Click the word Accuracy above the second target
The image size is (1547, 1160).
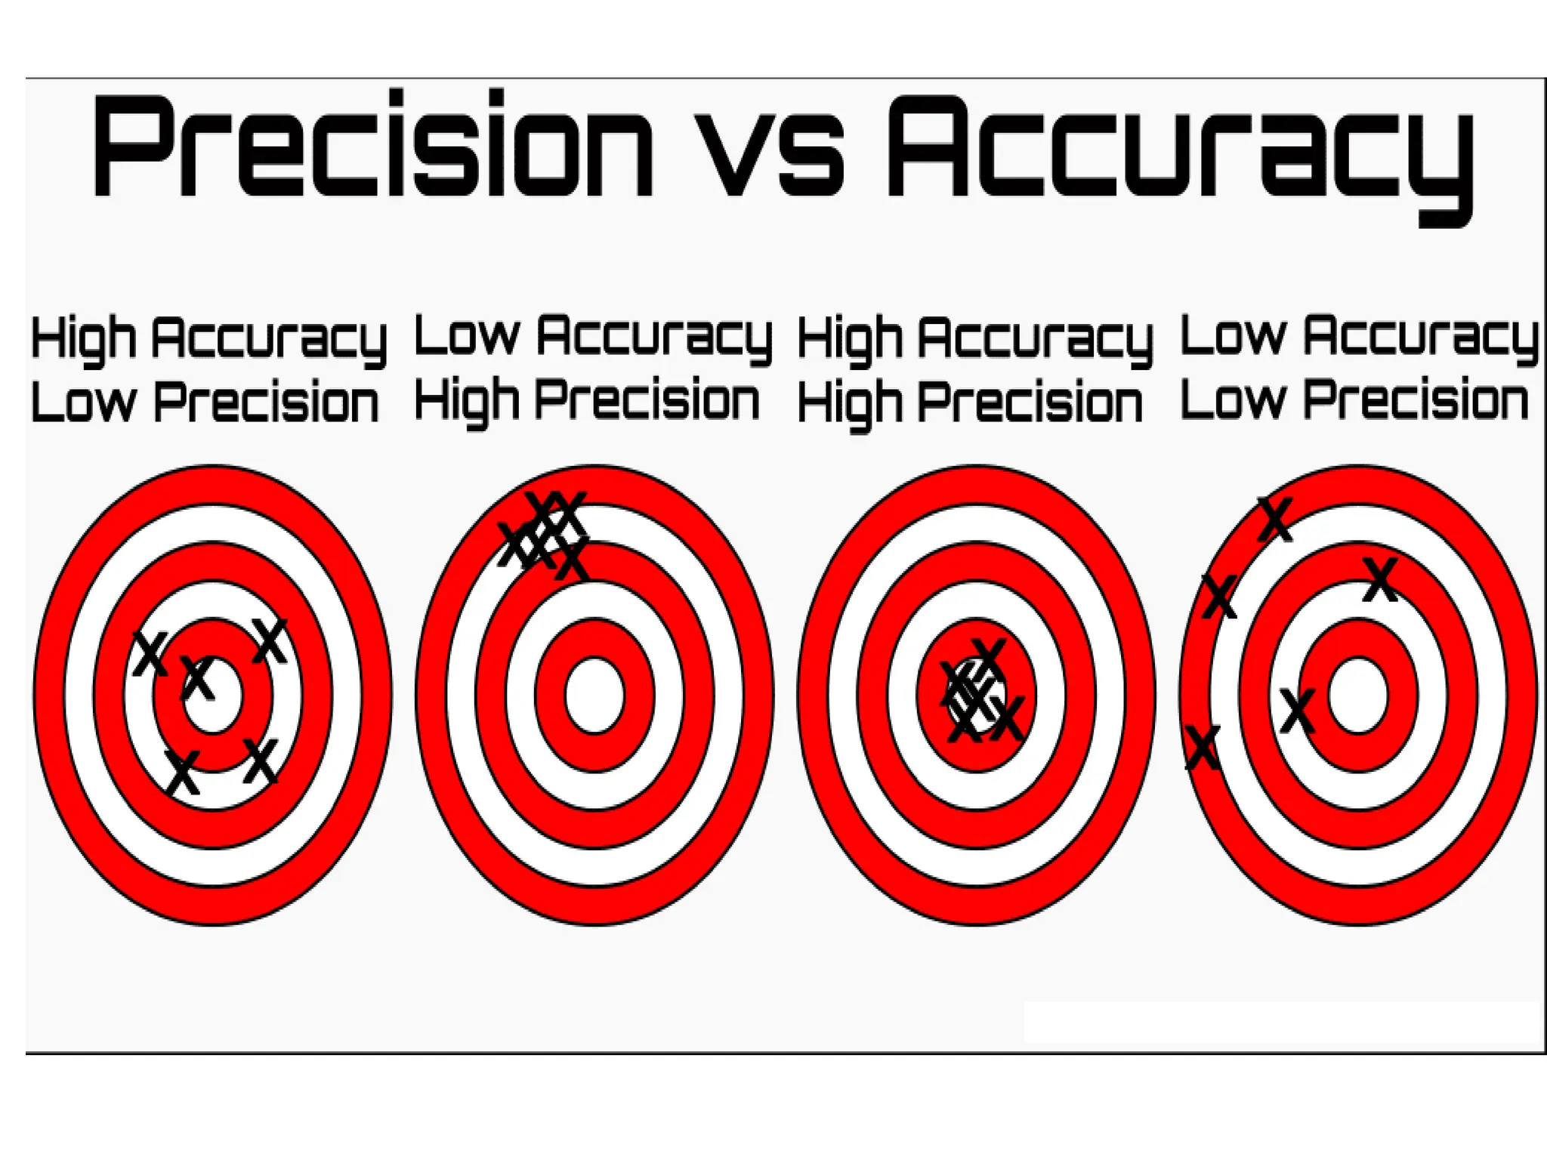654,336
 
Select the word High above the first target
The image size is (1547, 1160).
82,339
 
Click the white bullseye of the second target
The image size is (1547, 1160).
594,695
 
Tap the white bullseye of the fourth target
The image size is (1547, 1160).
1357,695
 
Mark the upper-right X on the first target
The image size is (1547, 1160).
270,641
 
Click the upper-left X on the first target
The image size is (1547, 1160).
151,653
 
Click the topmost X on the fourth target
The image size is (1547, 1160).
1275,519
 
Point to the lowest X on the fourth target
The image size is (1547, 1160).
1203,748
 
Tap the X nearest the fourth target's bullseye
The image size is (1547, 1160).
1298,711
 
